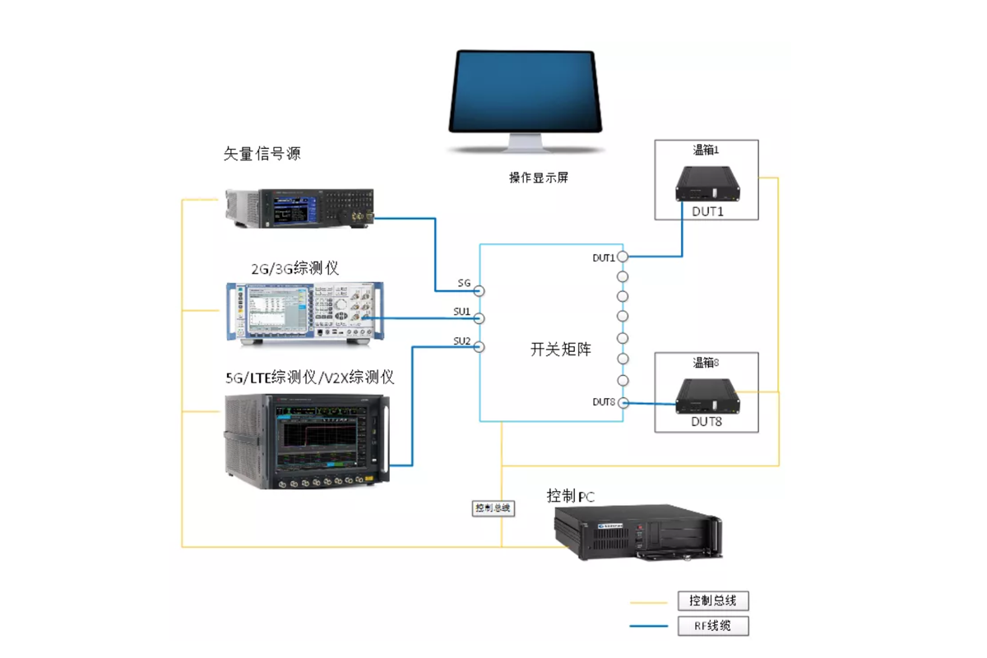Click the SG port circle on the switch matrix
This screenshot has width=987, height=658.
(x=479, y=290)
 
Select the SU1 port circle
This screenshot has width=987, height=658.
(x=479, y=318)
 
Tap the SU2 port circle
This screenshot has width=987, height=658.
(x=479, y=346)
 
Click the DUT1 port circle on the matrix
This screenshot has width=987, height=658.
(x=623, y=257)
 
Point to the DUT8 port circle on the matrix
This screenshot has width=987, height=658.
(x=623, y=402)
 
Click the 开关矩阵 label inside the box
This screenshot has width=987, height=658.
(x=560, y=350)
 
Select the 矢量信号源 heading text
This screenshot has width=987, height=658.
(x=262, y=153)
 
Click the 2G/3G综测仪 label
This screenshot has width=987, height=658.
(x=294, y=268)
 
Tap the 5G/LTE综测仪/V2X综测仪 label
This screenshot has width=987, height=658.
(x=310, y=378)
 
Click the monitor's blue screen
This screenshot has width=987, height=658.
(x=524, y=90)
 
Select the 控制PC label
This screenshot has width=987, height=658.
(x=571, y=496)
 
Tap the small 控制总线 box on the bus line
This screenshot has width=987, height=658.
(x=493, y=508)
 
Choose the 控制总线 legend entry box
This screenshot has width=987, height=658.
(x=713, y=601)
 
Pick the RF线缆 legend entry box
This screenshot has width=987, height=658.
(x=713, y=626)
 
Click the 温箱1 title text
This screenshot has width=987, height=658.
(x=706, y=150)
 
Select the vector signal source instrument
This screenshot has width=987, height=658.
(x=300, y=208)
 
